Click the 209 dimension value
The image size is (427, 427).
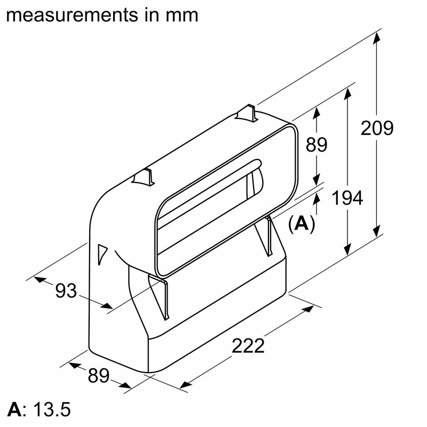377,129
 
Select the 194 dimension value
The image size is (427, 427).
347,198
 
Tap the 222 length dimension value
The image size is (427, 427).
248,346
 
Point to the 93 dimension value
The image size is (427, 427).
67,291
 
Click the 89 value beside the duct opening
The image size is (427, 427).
317,145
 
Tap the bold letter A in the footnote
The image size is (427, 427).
14,410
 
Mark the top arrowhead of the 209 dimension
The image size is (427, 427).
377,38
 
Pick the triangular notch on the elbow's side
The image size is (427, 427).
102,253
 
